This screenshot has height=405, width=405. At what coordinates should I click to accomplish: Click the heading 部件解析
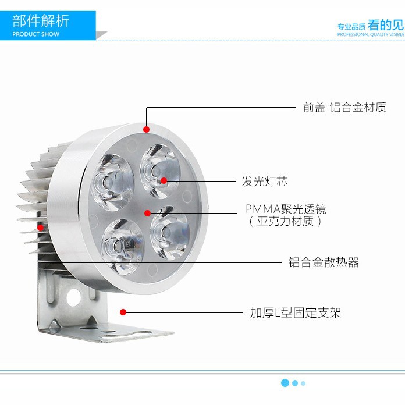pos(41,21)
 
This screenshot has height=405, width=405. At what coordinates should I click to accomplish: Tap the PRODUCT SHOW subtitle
pos(36,34)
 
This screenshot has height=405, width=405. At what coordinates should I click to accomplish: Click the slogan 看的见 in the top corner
pos(386,25)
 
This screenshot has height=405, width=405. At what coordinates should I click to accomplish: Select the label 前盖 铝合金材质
pos(344,108)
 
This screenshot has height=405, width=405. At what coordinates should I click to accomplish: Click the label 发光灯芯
pos(265,182)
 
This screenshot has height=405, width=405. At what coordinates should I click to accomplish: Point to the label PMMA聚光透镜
pos(286,209)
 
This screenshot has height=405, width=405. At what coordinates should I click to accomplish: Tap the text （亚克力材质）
pos(285,222)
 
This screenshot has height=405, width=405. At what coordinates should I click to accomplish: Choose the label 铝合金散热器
pos(324,262)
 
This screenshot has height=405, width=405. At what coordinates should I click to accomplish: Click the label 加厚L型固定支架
pos(296,313)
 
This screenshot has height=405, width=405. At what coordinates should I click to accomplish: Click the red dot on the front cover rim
pos(146,129)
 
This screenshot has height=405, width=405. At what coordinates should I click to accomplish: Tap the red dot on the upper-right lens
pos(164,180)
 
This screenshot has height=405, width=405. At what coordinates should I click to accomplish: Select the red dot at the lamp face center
pos(148,213)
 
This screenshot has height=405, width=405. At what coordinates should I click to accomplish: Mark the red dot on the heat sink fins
pos(40,226)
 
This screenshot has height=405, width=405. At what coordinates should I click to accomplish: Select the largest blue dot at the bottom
pos(285,383)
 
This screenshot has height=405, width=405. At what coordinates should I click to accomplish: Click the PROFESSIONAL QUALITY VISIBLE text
pos(371,34)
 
